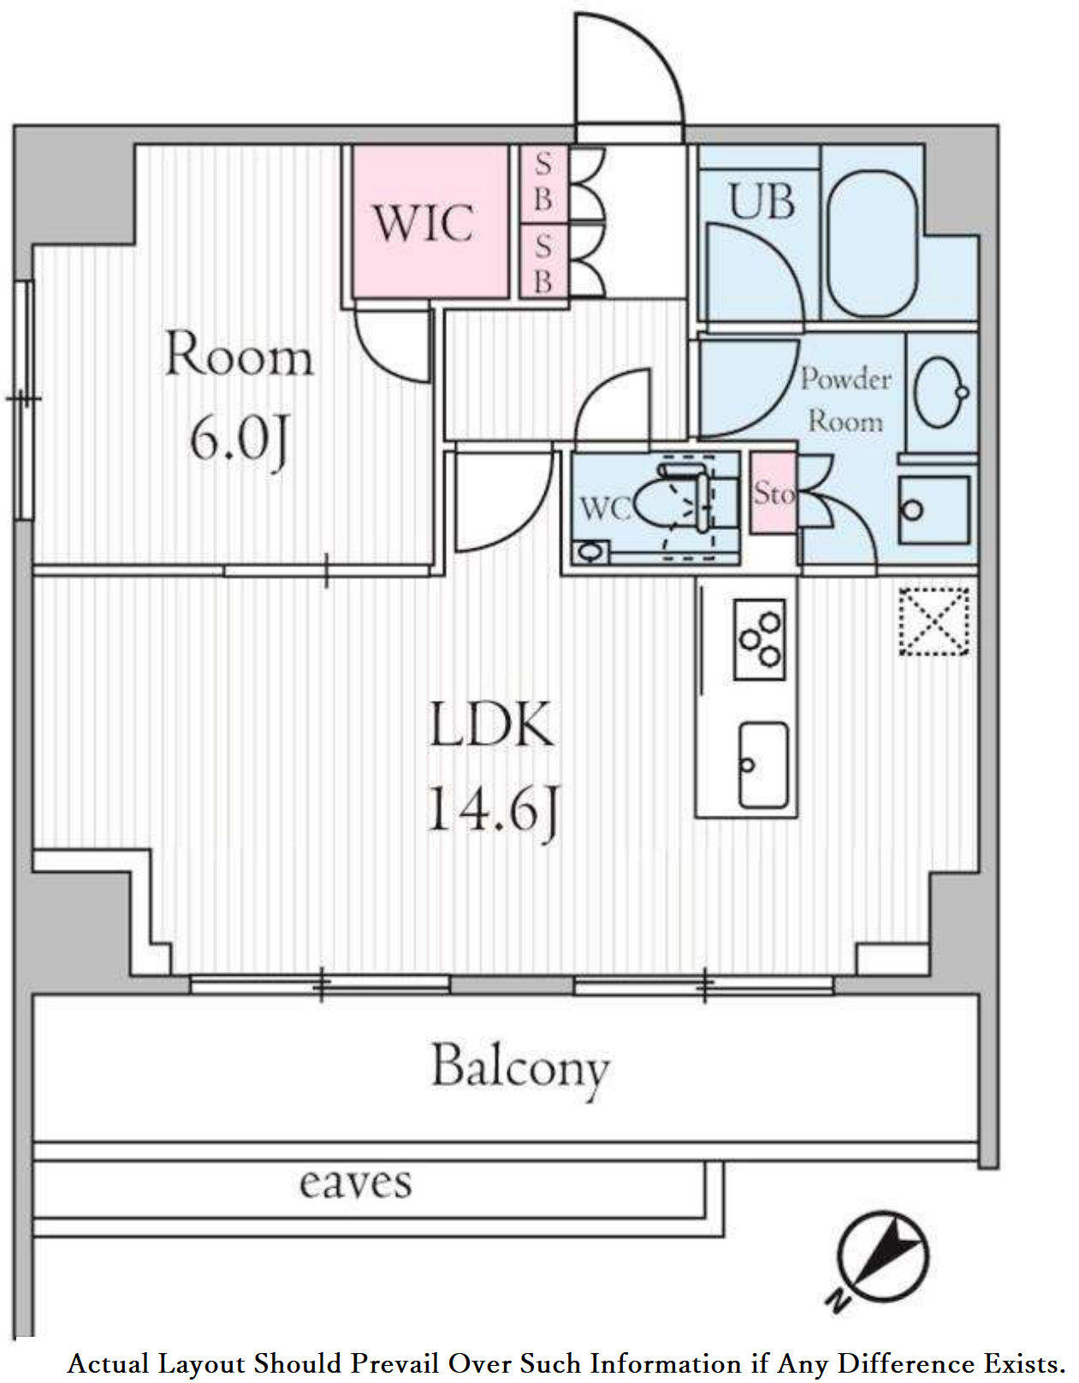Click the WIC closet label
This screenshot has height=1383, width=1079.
pyautogui.click(x=424, y=223)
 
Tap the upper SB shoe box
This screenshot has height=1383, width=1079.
pyautogui.click(x=543, y=183)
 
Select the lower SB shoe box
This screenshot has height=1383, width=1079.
pyautogui.click(x=543, y=261)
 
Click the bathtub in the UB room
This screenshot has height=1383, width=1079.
pyautogui.click(x=874, y=244)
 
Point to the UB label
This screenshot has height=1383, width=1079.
pyautogui.click(x=762, y=202)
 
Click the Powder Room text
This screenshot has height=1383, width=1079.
pyautogui.click(x=845, y=401)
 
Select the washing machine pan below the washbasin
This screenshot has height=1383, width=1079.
pyautogui.click(x=934, y=510)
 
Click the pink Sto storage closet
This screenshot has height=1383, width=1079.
pyautogui.click(x=773, y=493)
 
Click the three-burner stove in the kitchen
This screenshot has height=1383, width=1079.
pyautogui.click(x=760, y=639)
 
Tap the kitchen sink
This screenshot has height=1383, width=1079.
pyautogui.click(x=762, y=766)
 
